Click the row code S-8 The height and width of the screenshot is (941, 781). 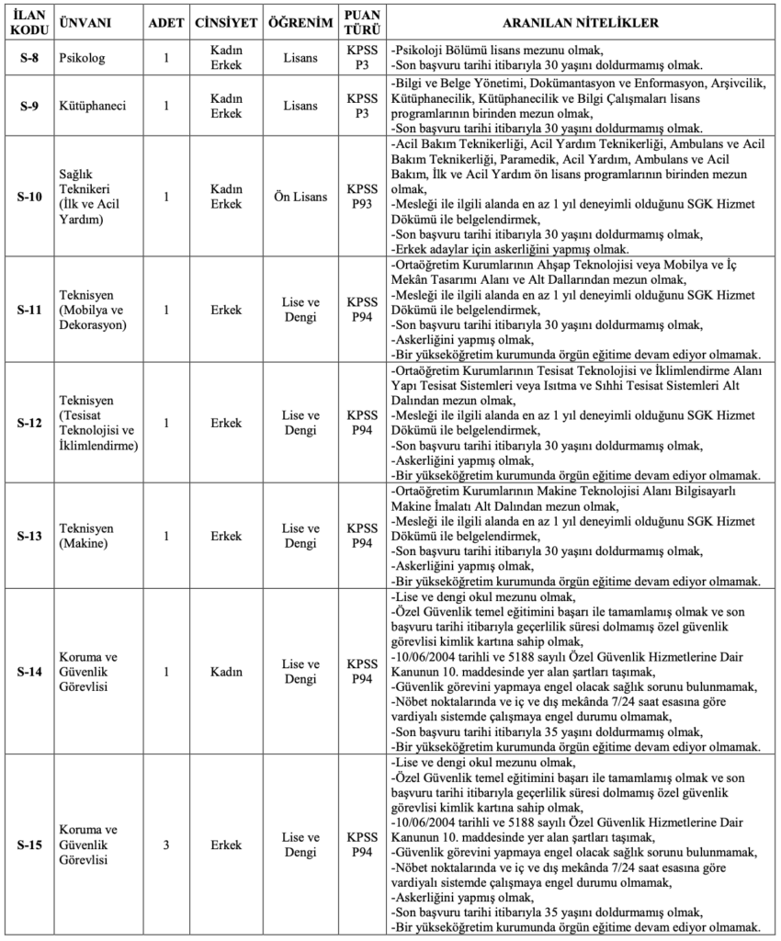[29, 58]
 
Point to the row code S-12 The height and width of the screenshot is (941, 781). [29, 423]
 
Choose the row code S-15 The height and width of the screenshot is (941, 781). [29, 845]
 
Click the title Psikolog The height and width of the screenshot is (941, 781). [81, 58]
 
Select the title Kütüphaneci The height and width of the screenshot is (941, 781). [92, 105]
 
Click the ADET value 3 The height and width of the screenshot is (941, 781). [166, 845]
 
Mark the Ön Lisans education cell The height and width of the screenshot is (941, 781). [300, 196]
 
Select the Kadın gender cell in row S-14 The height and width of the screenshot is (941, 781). [226, 672]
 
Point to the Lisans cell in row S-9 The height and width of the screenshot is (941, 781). [300, 105]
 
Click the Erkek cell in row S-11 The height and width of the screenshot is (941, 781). [226, 310]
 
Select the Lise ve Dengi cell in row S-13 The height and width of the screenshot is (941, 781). [300, 536]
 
